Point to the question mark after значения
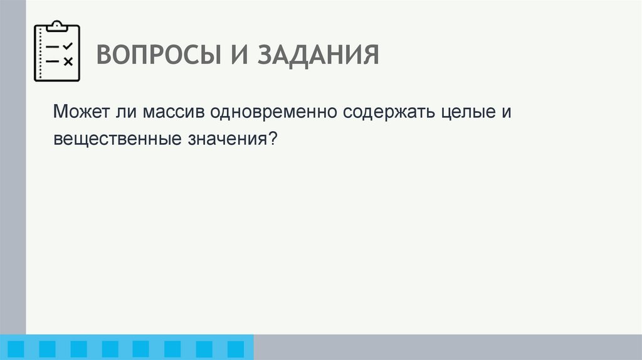click(x=273, y=139)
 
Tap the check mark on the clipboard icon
click(x=69, y=47)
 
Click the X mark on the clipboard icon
click(x=69, y=61)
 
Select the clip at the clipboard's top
click(x=58, y=26)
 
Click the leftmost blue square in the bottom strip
click(x=16, y=348)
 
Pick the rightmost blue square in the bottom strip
click(x=235, y=348)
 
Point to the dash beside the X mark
click(x=53, y=61)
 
